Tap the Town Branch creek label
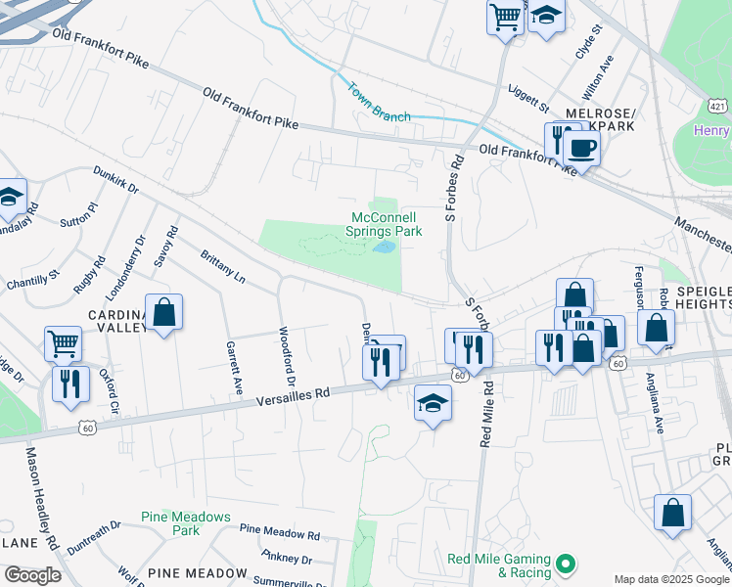[x=379, y=102]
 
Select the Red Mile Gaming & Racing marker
[x=565, y=564]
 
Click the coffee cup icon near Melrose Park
[x=581, y=149]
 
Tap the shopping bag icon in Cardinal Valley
[x=164, y=313]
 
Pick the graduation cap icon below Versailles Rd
[x=433, y=404]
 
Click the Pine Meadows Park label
[x=185, y=523]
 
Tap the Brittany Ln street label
[x=222, y=266]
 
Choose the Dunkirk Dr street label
[x=116, y=182]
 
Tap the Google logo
[x=31, y=575]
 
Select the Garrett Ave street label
[x=234, y=367]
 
